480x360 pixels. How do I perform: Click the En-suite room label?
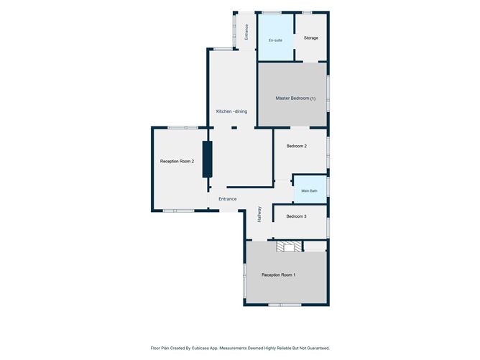275,40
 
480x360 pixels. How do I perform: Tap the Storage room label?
310,38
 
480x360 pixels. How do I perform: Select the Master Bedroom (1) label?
295,98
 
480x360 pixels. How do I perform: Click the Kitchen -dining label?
231,111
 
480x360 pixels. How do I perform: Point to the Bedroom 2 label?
296,146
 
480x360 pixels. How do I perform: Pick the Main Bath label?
309,190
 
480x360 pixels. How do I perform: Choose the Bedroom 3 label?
296,216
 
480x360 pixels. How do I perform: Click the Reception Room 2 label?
177,162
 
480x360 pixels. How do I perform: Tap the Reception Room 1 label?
278,275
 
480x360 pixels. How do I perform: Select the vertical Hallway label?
259,214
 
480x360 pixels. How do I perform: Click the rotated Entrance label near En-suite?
246,32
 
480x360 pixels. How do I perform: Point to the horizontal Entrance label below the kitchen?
228,199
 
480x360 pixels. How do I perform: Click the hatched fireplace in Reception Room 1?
289,246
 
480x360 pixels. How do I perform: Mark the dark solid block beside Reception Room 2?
207,160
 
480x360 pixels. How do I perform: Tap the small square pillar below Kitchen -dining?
234,128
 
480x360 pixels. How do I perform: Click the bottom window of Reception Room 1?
285,305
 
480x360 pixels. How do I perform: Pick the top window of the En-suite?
272,12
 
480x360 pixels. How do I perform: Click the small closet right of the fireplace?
315,246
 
